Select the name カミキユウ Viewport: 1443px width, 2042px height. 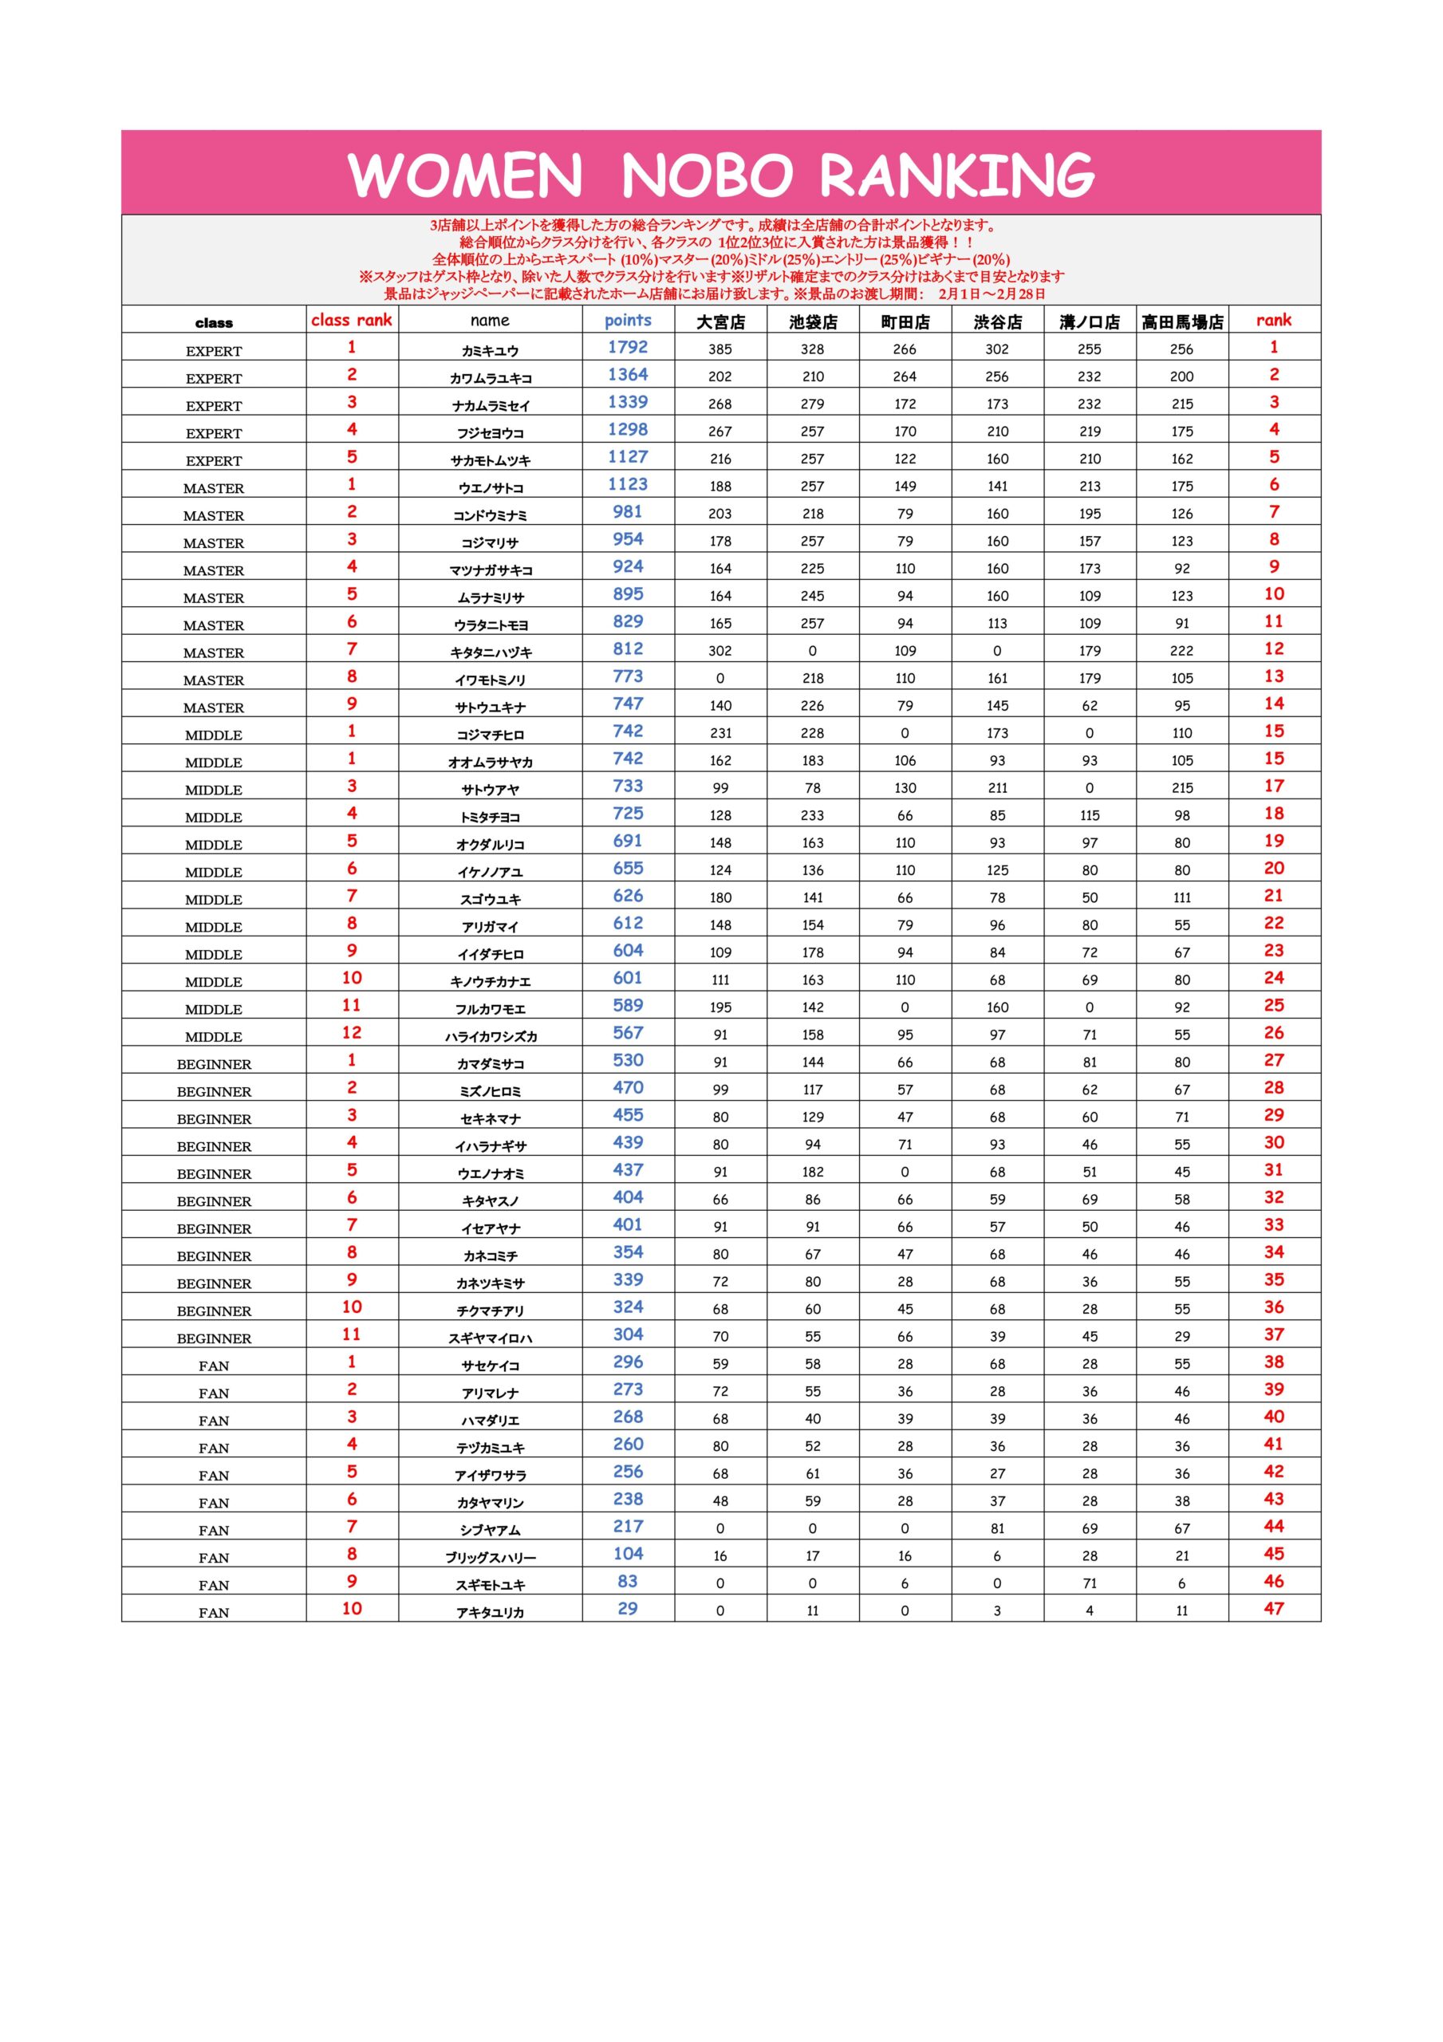pos(491,351)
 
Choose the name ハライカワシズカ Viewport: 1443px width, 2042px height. pos(491,1037)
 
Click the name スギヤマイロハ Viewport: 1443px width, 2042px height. pos(491,1338)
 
